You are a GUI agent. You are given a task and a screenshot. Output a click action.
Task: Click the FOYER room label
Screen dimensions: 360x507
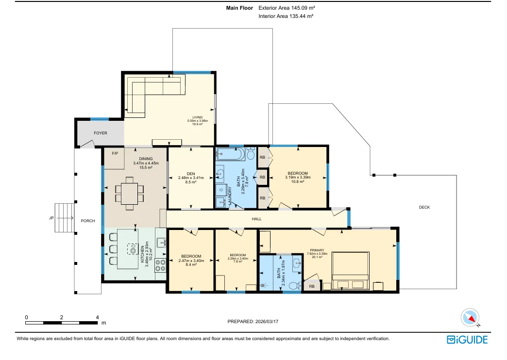click(101, 133)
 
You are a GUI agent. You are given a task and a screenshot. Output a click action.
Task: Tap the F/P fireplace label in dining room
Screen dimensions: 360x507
click(115, 154)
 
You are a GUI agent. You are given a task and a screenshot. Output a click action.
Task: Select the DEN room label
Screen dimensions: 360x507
click(190, 174)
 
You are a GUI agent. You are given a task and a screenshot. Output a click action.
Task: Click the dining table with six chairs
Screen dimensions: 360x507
click(129, 194)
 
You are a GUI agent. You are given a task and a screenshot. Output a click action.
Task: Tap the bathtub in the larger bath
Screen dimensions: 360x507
click(230, 155)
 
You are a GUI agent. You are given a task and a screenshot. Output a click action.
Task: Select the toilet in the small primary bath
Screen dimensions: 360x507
click(292, 286)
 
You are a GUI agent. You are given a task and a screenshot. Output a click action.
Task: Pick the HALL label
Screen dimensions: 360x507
click(256, 219)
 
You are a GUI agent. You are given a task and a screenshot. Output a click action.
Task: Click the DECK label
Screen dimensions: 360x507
click(424, 207)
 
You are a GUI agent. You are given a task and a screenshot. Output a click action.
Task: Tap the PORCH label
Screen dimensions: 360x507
click(87, 221)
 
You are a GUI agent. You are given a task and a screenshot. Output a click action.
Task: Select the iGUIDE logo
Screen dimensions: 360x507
click(467, 340)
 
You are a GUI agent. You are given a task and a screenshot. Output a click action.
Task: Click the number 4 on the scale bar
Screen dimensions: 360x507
click(98, 317)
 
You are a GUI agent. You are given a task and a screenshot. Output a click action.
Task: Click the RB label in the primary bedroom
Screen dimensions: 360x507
click(311, 286)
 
